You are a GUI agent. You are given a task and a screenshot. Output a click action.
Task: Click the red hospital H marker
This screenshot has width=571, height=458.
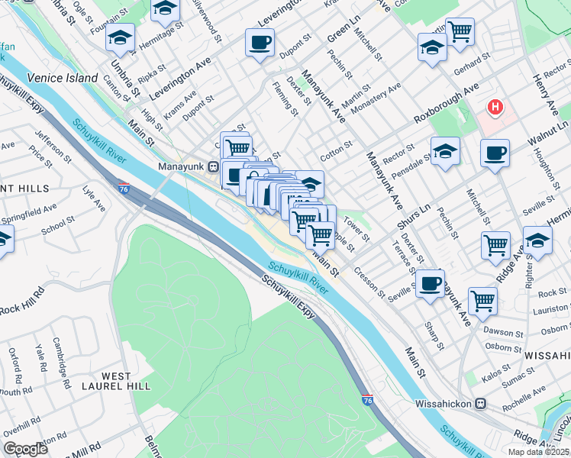[x=495, y=107]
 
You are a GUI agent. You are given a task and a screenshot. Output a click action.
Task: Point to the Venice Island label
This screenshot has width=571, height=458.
[x=63, y=78]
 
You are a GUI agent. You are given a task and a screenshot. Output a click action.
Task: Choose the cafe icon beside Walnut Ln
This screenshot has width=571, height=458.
[x=495, y=153]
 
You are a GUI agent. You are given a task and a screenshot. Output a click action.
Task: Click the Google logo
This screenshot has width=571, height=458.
[x=25, y=448]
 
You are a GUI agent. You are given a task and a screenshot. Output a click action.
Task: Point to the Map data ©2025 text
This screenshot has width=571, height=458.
[x=537, y=452]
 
